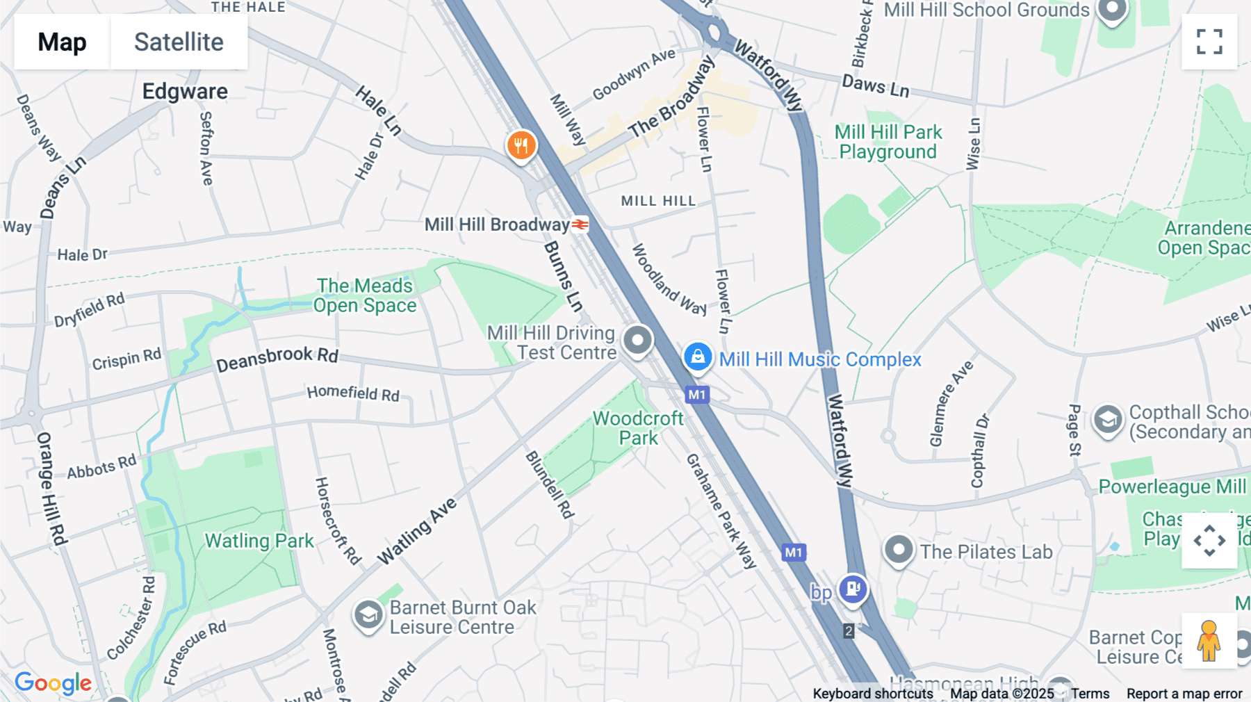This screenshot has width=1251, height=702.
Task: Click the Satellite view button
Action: (x=179, y=42)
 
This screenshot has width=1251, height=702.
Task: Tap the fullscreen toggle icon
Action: (x=1209, y=42)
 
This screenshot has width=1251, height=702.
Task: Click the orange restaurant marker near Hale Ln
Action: (x=521, y=145)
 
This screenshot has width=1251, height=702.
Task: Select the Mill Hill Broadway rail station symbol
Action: (x=580, y=225)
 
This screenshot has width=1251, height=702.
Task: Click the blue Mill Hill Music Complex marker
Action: (x=697, y=357)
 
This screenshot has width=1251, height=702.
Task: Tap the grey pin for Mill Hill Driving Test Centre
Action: (x=637, y=341)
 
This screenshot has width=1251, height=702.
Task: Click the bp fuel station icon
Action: (x=853, y=589)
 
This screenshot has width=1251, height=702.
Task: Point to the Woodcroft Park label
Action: (x=638, y=428)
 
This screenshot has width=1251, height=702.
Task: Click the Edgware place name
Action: (x=185, y=92)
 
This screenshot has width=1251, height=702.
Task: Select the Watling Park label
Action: (x=259, y=541)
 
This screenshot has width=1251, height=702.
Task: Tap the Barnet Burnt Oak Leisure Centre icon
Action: (x=368, y=615)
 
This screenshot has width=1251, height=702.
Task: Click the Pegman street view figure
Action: (x=1209, y=641)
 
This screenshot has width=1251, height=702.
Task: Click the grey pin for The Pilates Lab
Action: (x=898, y=550)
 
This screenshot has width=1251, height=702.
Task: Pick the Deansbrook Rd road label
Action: (x=277, y=358)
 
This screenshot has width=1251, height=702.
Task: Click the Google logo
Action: (x=53, y=683)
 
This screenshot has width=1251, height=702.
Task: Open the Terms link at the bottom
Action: (x=1090, y=694)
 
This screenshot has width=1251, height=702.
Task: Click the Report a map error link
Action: (x=1184, y=694)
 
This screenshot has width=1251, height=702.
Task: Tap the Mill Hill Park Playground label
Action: (x=888, y=142)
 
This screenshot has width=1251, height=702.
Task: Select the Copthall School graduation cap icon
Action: (x=1107, y=420)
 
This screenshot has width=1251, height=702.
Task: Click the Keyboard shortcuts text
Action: (x=872, y=694)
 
